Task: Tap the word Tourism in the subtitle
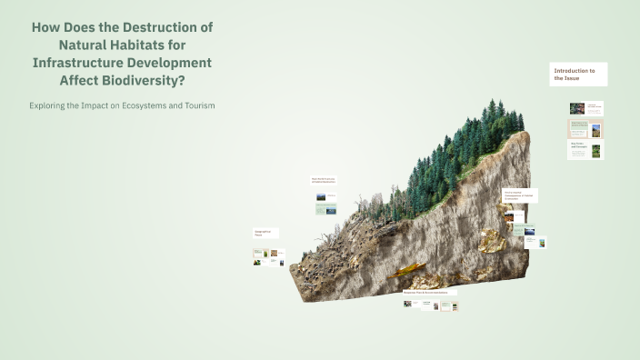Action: click(x=199, y=105)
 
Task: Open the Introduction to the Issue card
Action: click(x=579, y=74)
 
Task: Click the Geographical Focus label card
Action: click(x=265, y=234)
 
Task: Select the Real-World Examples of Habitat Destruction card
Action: click(x=325, y=181)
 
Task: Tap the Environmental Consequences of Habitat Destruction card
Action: click(x=519, y=195)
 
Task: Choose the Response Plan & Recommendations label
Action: click(x=430, y=293)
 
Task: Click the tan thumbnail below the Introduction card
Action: click(x=585, y=129)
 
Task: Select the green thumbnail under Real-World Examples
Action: click(x=325, y=209)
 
